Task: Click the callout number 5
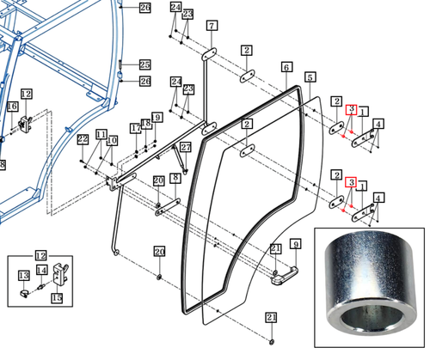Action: tap(310, 77)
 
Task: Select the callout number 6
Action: tap(286, 67)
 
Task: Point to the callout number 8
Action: tap(175, 178)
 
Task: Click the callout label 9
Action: tap(295, 245)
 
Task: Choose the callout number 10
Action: tap(112, 139)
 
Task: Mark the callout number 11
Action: tap(101, 135)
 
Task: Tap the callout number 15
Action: tap(57, 298)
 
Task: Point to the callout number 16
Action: tap(12, 106)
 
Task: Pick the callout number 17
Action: tap(135, 128)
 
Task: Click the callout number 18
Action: tap(146, 124)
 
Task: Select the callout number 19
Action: tap(157, 117)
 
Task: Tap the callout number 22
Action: tap(83, 139)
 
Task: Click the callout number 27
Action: tap(185, 147)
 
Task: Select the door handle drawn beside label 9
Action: tap(282, 275)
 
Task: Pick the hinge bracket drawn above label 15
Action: tap(58, 277)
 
